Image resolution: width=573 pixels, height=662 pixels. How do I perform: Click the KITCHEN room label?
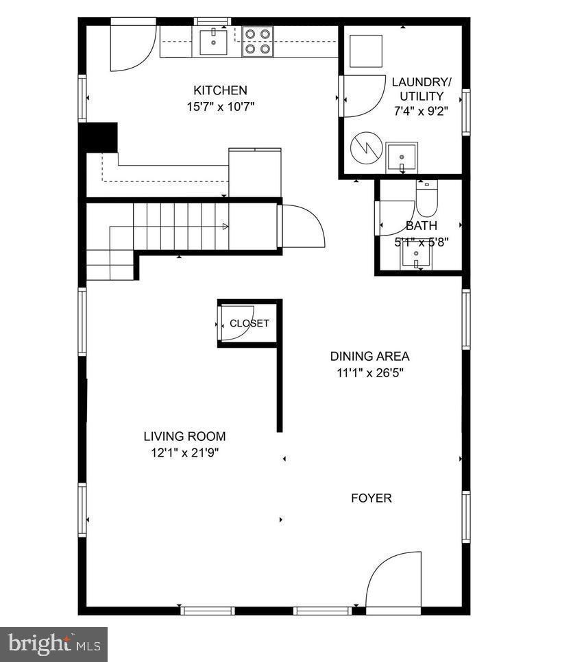[220, 90]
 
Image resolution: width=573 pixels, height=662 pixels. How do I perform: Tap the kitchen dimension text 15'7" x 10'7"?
[220, 107]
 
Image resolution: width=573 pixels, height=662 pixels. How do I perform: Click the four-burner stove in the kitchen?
[257, 41]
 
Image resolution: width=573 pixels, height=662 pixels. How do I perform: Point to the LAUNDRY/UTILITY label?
[417, 89]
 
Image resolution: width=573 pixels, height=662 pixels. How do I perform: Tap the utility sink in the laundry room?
[401, 157]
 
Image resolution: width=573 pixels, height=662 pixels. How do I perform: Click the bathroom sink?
[415, 256]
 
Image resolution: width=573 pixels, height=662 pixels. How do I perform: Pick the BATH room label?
[421, 226]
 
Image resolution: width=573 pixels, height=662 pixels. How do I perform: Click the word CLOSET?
[249, 323]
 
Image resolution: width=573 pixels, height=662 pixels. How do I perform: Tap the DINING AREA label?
[370, 356]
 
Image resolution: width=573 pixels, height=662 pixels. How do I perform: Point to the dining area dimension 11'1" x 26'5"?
[370, 373]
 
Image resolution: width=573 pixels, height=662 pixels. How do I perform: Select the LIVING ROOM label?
[184, 436]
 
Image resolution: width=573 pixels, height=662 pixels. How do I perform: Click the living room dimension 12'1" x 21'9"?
[184, 453]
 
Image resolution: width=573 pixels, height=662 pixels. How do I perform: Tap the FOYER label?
[371, 498]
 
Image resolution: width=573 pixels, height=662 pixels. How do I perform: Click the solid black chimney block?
[99, 137]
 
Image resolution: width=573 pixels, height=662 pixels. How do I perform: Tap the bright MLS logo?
[53, 644]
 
